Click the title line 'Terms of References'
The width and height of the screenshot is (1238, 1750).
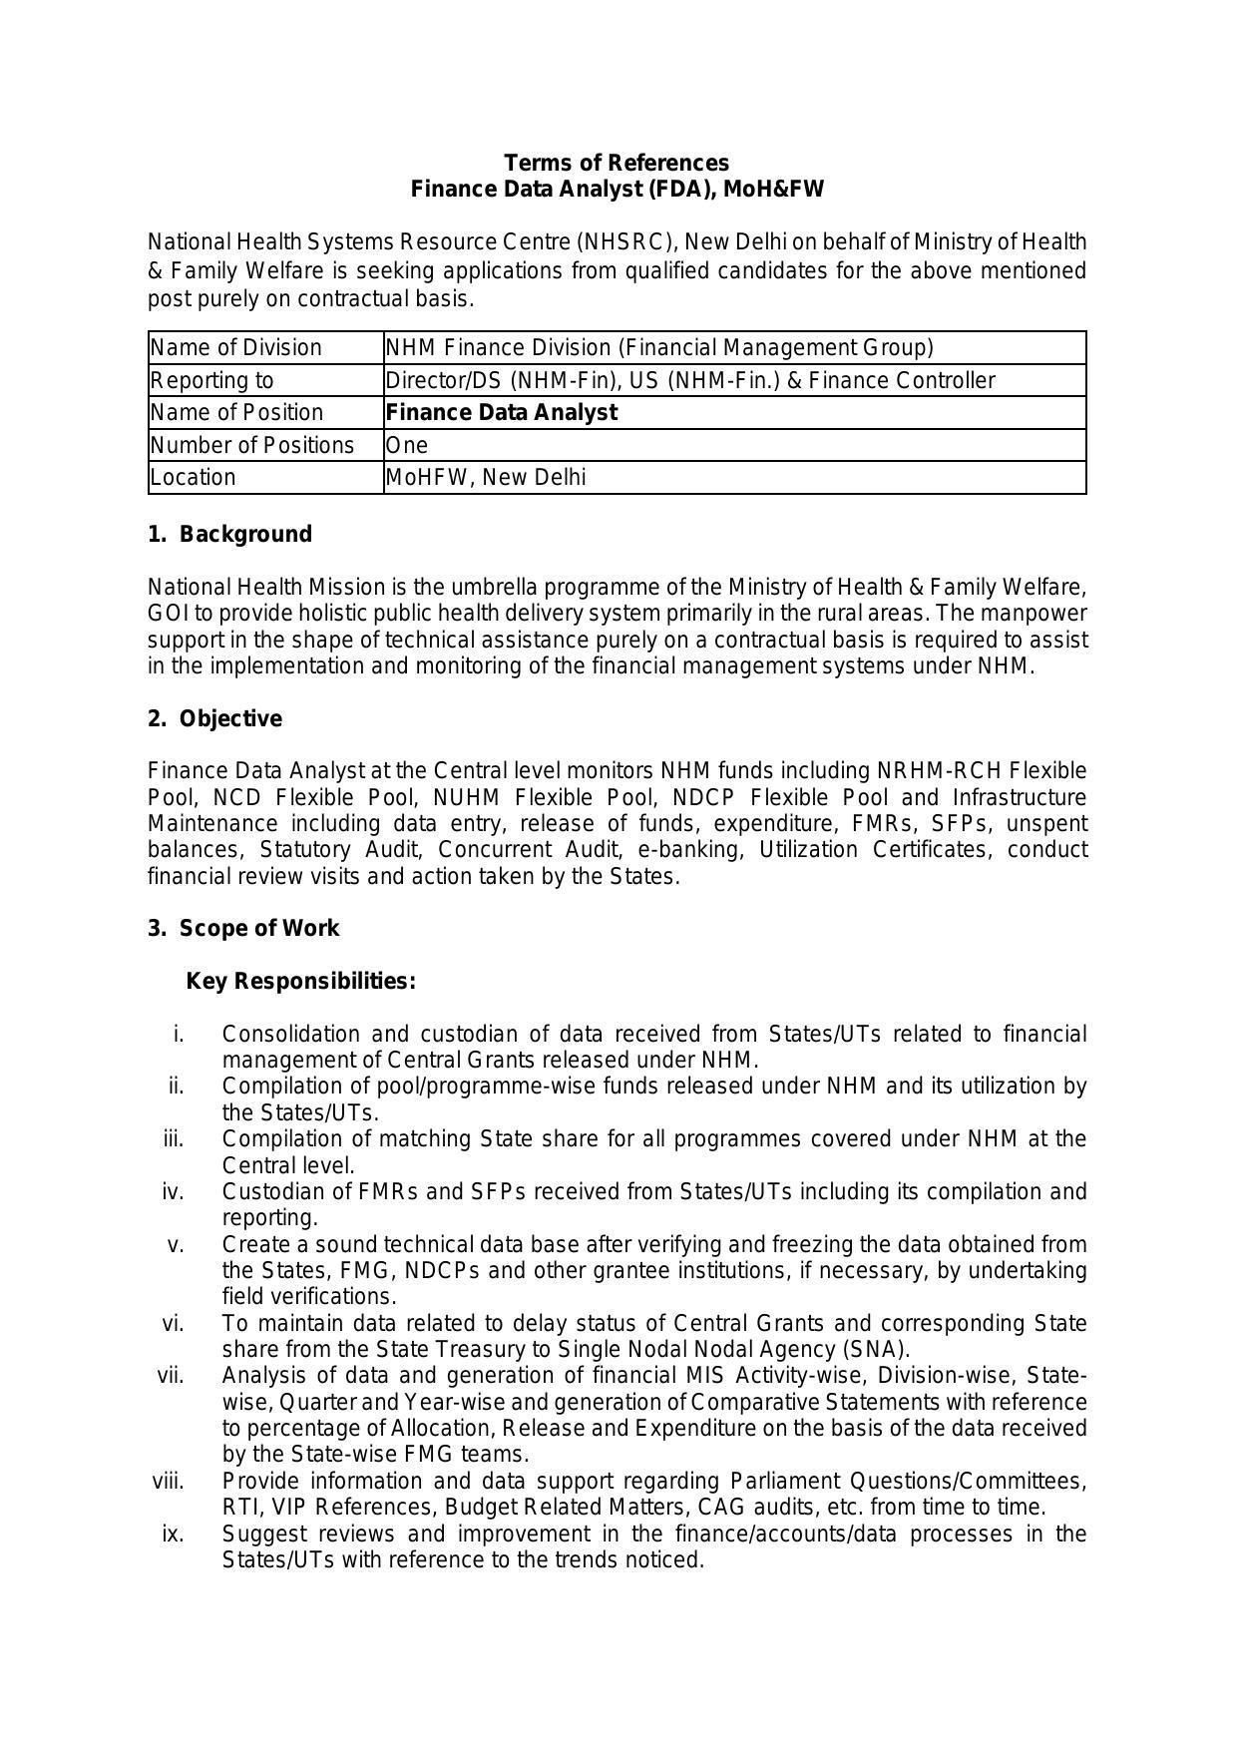tap(616, 163)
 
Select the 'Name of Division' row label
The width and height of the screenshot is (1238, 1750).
tap(236, 347)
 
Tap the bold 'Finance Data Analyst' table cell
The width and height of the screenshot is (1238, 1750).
tap(501, 412)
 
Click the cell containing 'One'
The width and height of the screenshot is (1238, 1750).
tap(407, 445)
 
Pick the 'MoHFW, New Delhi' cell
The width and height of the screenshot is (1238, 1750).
tap(486, 477)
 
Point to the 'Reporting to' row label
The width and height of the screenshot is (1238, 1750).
tap(211, 380)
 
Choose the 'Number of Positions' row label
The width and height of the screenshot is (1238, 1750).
tap(252, 445)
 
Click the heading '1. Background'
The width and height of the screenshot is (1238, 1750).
tap(229, 535)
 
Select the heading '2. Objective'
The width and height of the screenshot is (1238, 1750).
tap(214, 719)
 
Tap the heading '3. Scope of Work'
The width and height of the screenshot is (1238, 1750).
tap(243, 929)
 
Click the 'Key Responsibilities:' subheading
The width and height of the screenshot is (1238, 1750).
tap(300, 982)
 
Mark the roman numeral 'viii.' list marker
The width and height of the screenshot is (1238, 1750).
tap(169, 1481)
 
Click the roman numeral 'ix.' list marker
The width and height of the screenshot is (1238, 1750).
tap(173, 1533)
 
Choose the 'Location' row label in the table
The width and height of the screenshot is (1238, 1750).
tap(194, 477)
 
